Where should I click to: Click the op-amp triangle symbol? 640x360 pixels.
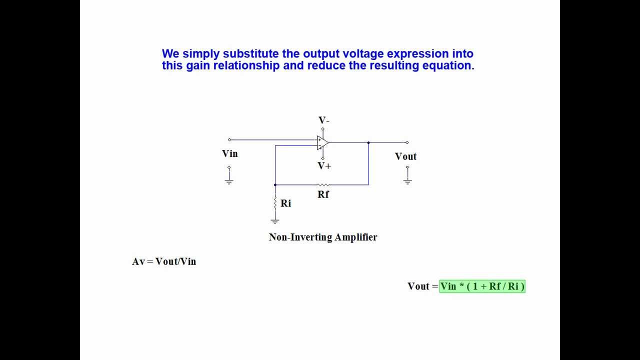(322, 142)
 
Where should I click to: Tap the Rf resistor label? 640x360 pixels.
(323, 194)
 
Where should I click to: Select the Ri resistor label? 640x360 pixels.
(285, 203)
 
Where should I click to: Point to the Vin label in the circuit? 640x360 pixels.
(230, 153)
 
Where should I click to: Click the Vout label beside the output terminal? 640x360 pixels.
(405, 156)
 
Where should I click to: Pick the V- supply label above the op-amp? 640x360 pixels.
(324, 120)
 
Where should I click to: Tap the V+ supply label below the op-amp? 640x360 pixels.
(324, 165)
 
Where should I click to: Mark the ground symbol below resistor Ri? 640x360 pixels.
(275, 220)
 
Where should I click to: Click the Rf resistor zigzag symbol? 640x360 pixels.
(323, 185)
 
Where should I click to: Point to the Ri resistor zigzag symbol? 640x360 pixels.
(275, 202)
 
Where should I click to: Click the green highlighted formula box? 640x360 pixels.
(482, 286)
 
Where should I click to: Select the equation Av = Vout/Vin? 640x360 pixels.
(164, 261)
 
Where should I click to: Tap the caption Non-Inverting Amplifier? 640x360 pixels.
(323, 237)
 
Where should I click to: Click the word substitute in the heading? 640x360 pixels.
(249, 53)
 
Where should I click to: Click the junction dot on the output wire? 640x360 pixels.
(368, 142)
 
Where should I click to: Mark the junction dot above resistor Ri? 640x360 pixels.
(275, 185)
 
